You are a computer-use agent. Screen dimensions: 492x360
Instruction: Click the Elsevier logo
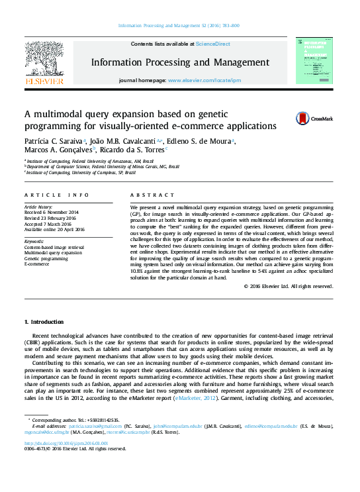click(44, 62)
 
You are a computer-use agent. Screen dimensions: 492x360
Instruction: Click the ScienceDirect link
click(212, 44)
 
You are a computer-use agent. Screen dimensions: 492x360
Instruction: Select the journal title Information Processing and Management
click(179, 62)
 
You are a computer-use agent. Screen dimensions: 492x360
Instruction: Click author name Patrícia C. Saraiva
click(54, 142)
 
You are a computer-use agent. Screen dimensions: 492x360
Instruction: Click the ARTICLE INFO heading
click(57, 195)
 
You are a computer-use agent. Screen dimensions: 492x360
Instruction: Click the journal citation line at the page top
click(179, 25)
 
